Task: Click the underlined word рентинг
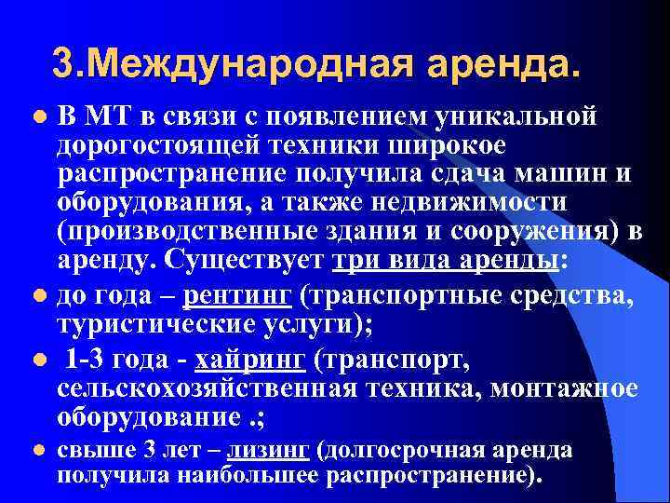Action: click(238, 296)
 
